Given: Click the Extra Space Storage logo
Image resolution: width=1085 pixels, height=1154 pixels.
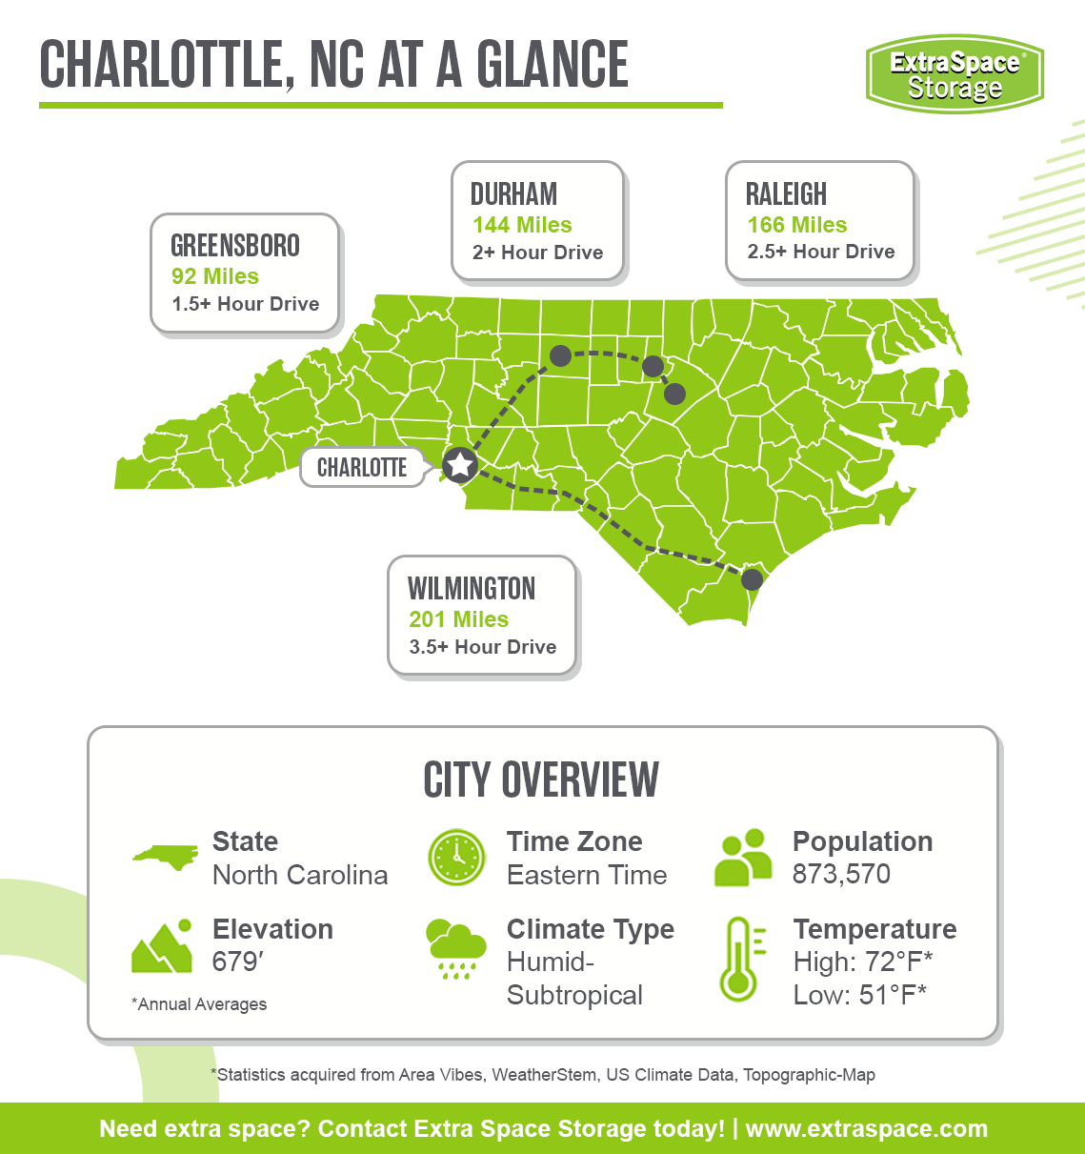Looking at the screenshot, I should click(x=954, y=74).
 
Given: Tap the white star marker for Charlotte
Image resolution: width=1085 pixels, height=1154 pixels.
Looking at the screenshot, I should click(x=460, y=466).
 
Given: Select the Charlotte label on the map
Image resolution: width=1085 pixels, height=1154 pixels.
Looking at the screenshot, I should click(x=362, y=468).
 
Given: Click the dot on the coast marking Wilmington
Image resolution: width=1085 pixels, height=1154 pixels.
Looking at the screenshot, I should click(x=752, y=578).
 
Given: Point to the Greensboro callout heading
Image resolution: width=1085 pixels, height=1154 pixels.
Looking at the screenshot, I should click(x=235, y=246).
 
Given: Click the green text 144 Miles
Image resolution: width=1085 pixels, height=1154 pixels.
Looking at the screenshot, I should click(x=522, y=225).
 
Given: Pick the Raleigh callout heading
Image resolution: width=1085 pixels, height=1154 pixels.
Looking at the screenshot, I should click(x=786, y=194).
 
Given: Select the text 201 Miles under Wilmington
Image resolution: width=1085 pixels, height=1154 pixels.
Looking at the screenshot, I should click(x=458, y=619).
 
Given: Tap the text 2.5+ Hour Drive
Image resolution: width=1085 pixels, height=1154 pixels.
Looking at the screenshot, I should click(x=821, y=252).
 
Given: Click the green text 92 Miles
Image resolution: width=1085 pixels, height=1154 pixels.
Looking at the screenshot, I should click(x=215, y=276).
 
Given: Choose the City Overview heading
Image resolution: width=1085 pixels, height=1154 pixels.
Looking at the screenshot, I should click(x=541, y=780).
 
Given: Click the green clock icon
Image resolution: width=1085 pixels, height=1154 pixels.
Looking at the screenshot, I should click(x=457, y=857).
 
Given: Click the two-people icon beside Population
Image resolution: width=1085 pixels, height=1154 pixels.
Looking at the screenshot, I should click(x=743, y=858).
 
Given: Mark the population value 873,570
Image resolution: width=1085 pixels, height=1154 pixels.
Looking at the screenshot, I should click(x=841, y=874).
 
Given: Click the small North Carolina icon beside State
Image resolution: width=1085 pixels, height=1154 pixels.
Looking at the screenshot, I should click(x=165, y=857).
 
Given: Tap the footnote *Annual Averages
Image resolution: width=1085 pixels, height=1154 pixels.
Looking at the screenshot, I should click(x=199, y=1004).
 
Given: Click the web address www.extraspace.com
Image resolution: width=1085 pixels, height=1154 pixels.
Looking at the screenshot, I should click(x=866, y=1129).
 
